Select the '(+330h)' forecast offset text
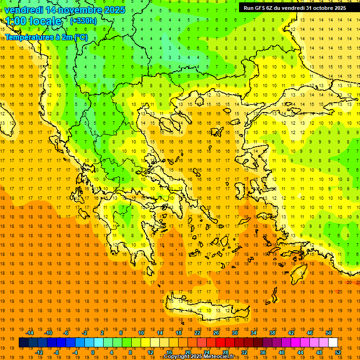tap(83, 21)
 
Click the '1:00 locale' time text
tap(33, 21)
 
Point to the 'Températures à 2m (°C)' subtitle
tap(46, 37)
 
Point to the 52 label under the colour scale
tap(338, 352)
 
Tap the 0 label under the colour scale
tap(92, 352)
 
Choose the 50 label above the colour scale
tap(328, 333)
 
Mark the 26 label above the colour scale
tap(216, 333)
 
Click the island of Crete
tap(206, 310)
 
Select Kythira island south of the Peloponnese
tap(160, 284)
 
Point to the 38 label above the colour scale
tap(272, 333)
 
